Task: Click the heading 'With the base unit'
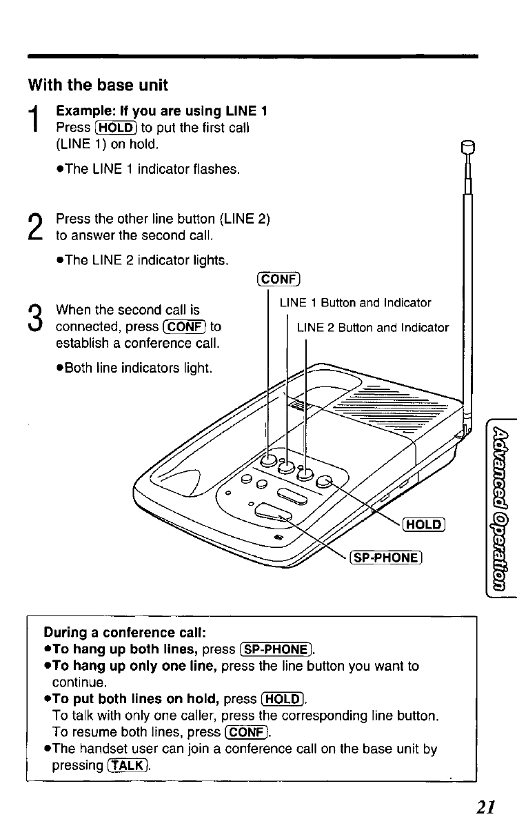[x=98, y=86]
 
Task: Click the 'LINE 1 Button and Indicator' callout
[x=355, y=303]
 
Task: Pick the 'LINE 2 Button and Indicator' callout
[x=372, y=328]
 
